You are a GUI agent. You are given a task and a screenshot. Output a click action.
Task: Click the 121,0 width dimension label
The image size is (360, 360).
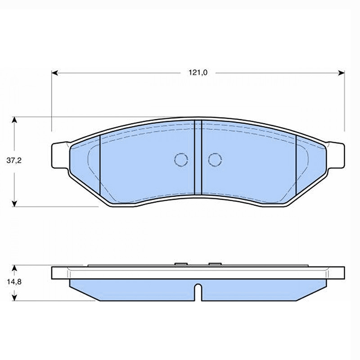pyautogui.click(x=198, y=72)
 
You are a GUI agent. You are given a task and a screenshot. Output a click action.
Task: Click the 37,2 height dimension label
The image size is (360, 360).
pyautogui.click(x=14, y=160)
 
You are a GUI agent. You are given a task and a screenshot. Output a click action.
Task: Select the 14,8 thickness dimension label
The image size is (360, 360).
pyautogui.click(x=14, y=282)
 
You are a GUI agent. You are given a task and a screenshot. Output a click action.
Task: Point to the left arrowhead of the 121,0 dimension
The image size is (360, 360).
pyautogui.click(x=54, y=73)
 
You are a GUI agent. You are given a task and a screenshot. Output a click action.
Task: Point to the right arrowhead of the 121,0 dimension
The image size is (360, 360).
pyautogui.click(x=342, y=73)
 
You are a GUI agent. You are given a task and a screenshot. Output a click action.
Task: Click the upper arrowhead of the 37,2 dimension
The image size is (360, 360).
pyautogui.click(x=14, y=120)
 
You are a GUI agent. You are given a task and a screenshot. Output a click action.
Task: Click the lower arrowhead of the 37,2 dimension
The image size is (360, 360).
pyautogui.click(x=14, y=203)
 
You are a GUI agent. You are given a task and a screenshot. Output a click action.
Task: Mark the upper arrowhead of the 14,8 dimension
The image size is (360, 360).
pyautogui.click(x=14, y=268)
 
